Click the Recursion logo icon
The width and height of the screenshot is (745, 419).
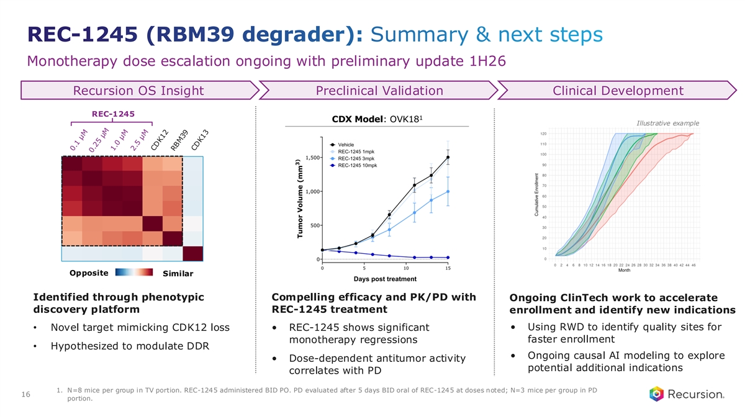(x=656, y=394)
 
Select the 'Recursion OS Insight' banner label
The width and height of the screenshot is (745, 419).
(x=138, y=91)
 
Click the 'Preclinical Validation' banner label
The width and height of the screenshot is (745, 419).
(x=379, y=91)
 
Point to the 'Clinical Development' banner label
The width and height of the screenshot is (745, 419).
(x=618, y=91)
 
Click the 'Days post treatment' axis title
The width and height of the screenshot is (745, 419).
(x=385, y=279)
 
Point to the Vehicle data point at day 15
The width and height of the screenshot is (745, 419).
(x=448, y=158)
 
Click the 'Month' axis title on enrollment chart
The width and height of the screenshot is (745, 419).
(x=625, y=271)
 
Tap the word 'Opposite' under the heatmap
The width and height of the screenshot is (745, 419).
(x=89, y=273)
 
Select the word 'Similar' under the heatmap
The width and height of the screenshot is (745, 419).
(x=178, y=274)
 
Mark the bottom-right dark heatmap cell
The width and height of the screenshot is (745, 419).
(x=192, y=254)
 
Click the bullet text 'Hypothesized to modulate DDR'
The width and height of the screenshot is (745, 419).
(x=129, y=346)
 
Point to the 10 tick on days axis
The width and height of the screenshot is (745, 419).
(x=406, y=268)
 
